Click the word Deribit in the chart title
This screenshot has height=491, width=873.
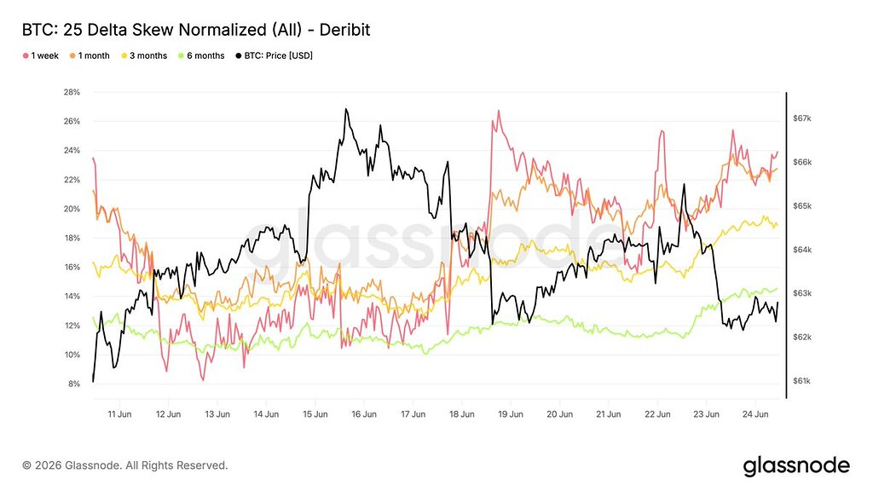click(344, 30)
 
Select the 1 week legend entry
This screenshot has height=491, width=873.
click(41, 55)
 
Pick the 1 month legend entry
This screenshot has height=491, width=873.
click(90, 55)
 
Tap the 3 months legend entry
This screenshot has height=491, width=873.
click(144, 55)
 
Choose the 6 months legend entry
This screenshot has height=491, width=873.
click(201, 55)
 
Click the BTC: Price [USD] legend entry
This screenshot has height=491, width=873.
click(275, 55)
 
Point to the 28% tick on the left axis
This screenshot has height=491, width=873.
click(72, 92)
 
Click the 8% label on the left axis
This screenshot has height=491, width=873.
click(74, 384)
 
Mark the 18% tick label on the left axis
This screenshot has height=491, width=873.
click(72, 238)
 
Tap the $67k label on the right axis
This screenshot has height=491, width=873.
click(801, 118)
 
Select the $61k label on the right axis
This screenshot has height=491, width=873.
click(801, 381)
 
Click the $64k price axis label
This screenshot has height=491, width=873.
click(801, 250)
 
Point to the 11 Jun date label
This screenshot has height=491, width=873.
click(119, 414)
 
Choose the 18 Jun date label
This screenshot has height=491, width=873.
click(462, 414)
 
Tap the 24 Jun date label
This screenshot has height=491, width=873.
click(755, 414)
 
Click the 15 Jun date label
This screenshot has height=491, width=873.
click(315, 414)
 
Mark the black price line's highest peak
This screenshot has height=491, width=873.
click(346, 109)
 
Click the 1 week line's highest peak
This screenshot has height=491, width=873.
click(498, 110)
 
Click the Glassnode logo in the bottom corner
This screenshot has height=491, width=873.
click(797, 466)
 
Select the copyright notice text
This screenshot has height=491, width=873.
click(125, 465)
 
